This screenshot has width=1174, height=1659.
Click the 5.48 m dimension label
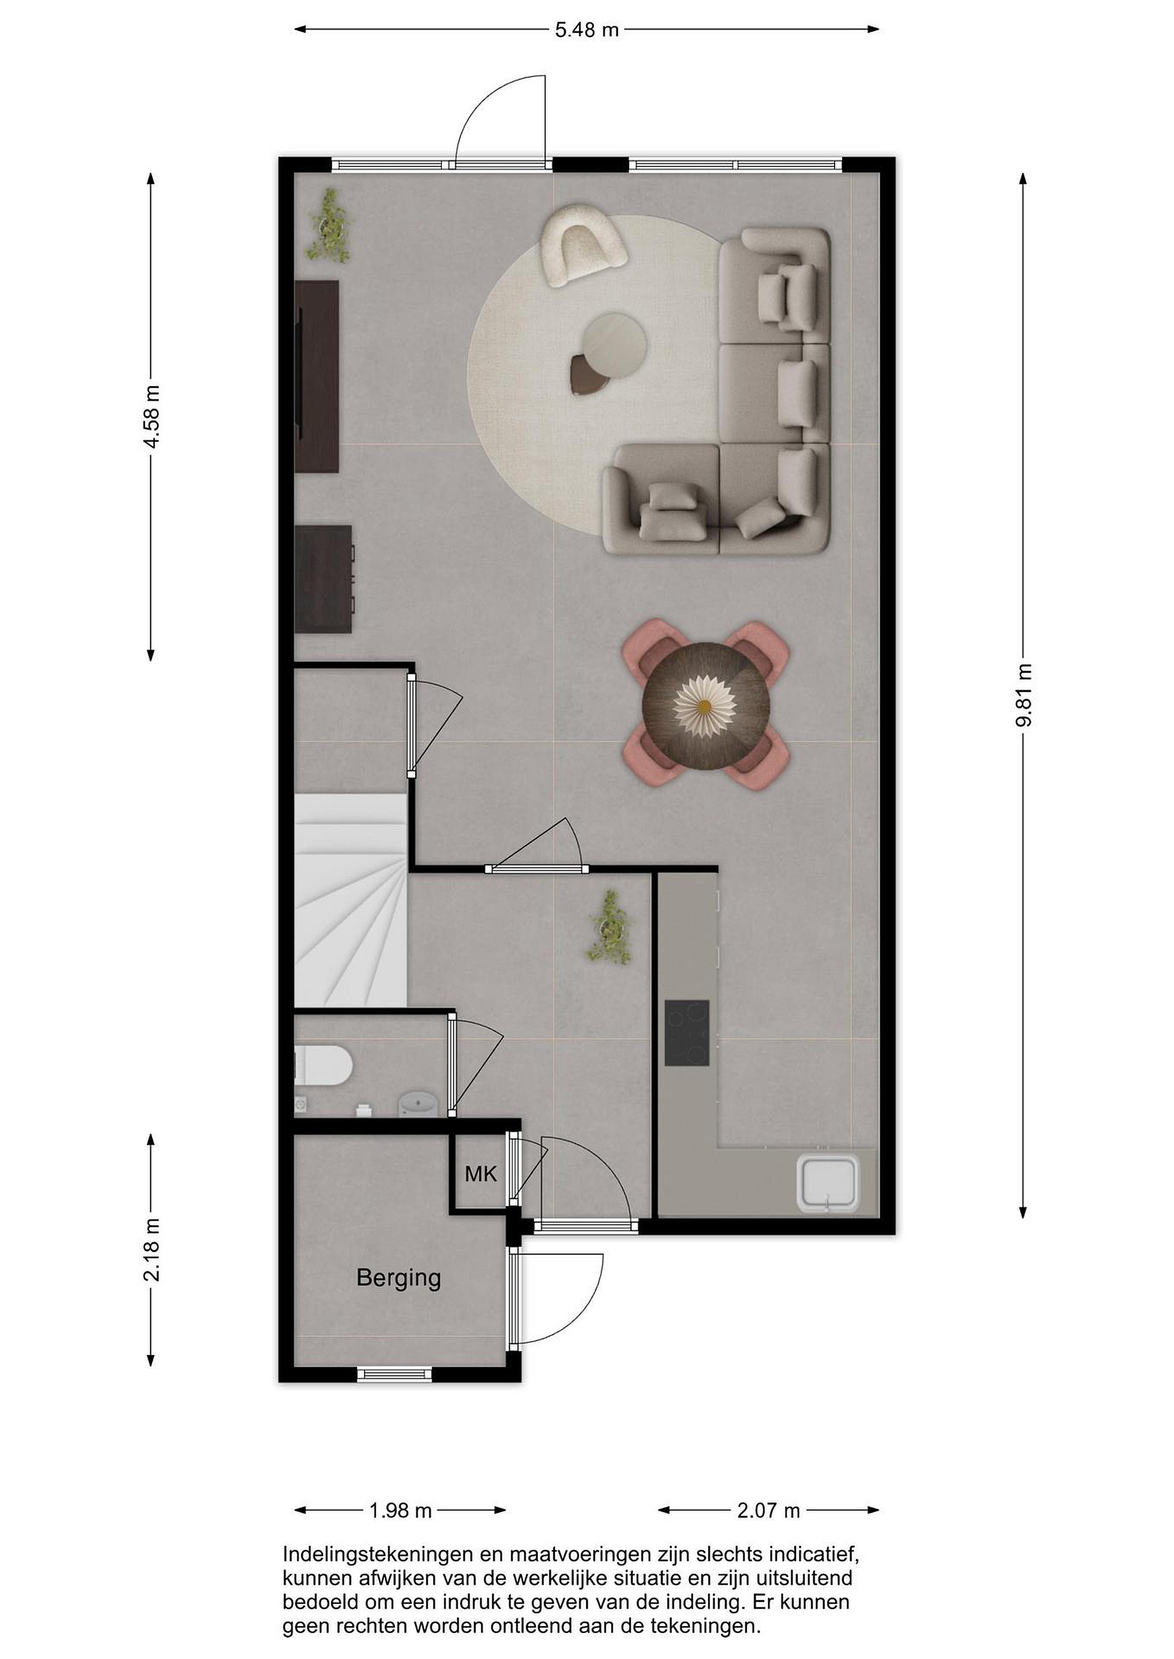coord(586,29)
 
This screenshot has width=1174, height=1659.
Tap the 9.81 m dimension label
coord(1024,696)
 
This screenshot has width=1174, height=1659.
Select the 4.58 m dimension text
coord(152,417)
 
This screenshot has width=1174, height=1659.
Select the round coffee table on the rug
coord(614,346)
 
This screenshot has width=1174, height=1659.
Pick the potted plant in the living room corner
coord(330,227)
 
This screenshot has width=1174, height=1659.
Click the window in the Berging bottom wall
coord(395,1374)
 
